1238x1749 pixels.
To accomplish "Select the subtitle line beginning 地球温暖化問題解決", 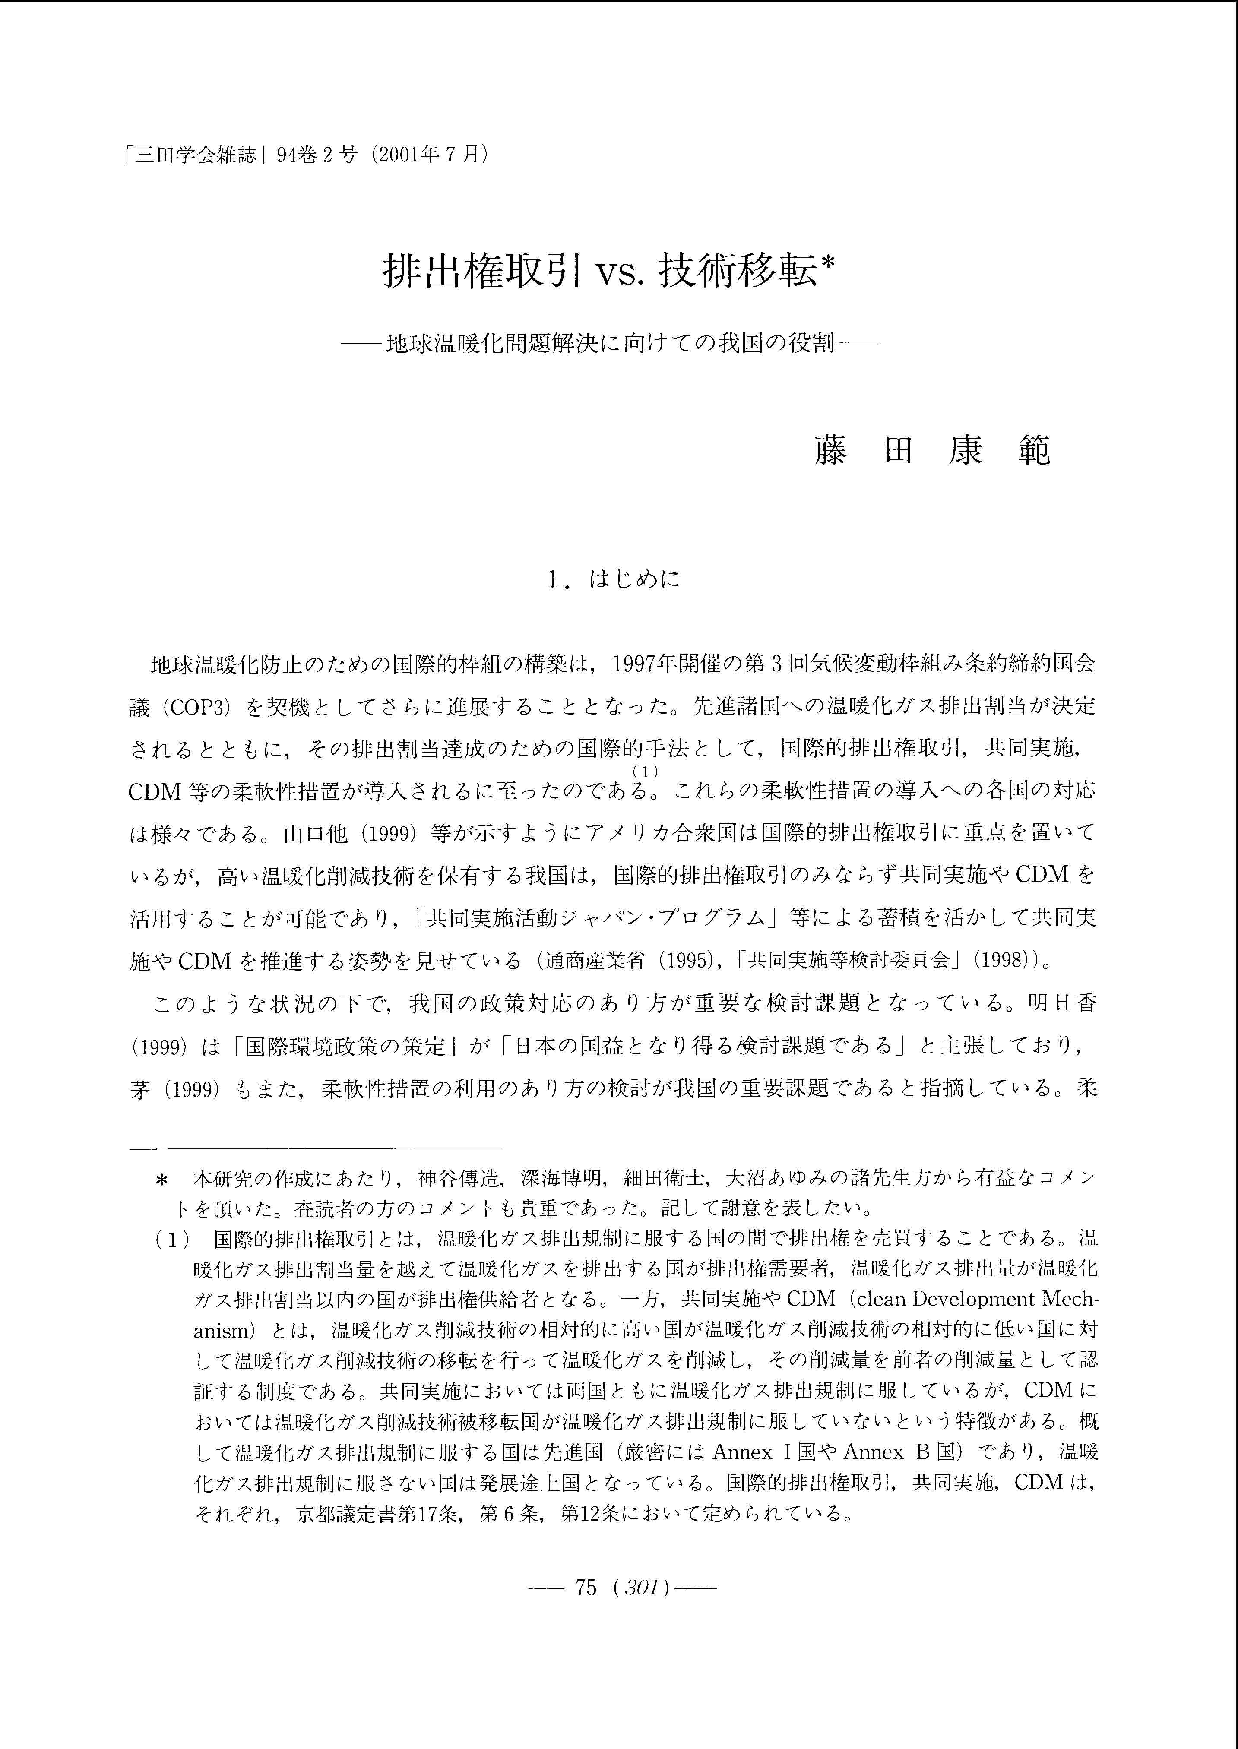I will pyautogui.click(x=610, y=345).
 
